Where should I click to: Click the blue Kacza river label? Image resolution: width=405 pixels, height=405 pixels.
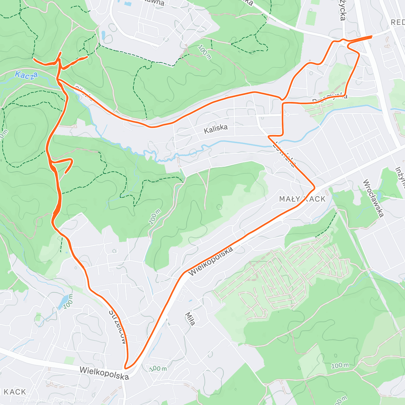(x=26, y=75)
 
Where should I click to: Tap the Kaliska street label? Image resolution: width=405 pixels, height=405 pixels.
(x=216, y=129)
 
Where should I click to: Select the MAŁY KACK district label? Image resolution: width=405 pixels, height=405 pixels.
(x=302, y=199)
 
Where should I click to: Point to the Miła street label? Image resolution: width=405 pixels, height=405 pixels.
(x=190, y=319)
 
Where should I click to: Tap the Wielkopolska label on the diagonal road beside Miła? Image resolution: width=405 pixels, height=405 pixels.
(x=211, y=261)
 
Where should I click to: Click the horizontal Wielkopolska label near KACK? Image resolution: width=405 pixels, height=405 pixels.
(x=104, y=373)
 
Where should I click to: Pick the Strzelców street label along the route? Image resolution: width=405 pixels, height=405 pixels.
(x=118, y=326)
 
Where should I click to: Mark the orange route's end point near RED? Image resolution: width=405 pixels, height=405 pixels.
(x=372, y=36)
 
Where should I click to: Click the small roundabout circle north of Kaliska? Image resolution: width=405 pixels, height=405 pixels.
(x=288, y=114)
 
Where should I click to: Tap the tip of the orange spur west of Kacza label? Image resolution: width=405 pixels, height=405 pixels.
(x=34, y=59)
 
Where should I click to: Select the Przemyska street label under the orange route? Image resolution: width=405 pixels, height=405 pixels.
(x=329, y=99)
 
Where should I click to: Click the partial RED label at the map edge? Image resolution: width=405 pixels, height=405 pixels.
(x=398, y=23)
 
